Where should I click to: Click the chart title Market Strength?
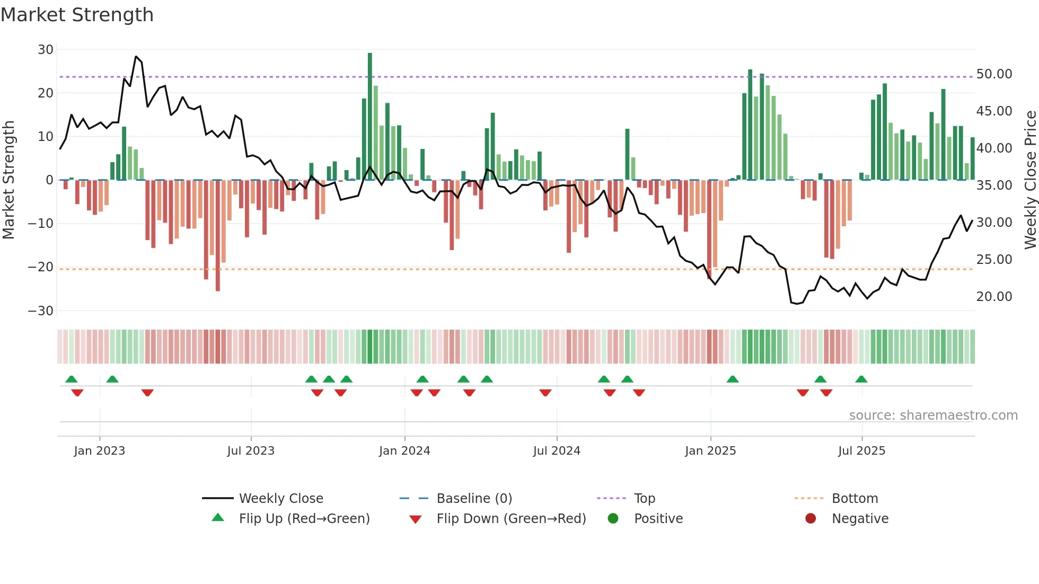[77, 15]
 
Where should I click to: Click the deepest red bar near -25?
[218, 235]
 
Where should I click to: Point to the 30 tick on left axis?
[46, 50]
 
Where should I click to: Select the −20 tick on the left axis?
[41, 267]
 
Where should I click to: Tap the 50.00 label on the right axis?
[994, 74]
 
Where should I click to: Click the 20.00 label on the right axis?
[994, 297]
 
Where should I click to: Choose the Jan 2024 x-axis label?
[404, 451]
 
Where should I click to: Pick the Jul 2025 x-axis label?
[861, 451]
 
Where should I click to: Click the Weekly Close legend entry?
[280, 499]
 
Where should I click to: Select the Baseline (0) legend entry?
[474, 499]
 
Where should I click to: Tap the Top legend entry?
[644, 499]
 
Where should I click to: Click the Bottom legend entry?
[855, 499]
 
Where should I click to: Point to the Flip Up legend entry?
[304, 519]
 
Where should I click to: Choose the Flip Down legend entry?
[511, 519]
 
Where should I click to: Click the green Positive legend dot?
[613, 519]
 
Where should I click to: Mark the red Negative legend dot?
[811, 519]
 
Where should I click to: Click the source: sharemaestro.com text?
[933, 415]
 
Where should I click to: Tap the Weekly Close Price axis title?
[1031, 180]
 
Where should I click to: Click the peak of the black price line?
[136, 56]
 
